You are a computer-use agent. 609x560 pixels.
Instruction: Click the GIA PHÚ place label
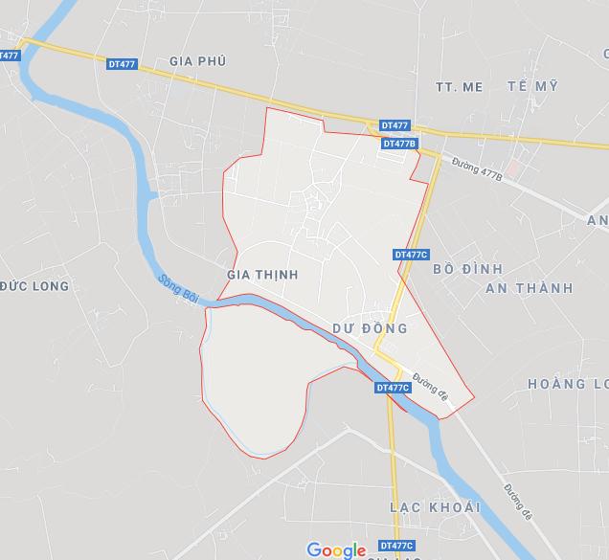(x=197, y=61)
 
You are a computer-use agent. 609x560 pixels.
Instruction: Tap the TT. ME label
(x=459, y=87)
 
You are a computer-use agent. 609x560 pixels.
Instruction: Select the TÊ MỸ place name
(x=532, y=87)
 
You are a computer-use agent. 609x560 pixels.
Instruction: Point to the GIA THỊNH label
(x=262, y=275)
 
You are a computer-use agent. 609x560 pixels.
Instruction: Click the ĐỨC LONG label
(x=34, y=286)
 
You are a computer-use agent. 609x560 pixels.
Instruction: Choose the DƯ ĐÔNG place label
(x=370, y=328)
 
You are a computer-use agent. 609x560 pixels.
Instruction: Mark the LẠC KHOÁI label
(x=435, y=506)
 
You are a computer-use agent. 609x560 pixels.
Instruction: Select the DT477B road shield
(x=399, y=144)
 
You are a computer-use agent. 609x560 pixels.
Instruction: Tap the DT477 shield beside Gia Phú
(x=123, y=64)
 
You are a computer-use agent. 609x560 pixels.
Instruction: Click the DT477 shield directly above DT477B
(x=395, y=125)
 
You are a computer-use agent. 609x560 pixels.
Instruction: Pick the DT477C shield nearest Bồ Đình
(x=411, y=255)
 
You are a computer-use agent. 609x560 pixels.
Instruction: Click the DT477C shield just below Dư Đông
(x=394, y=388)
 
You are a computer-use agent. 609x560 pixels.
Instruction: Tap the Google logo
(x=336, y=549)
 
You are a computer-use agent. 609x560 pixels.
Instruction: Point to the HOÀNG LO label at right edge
(x=568, y=384)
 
